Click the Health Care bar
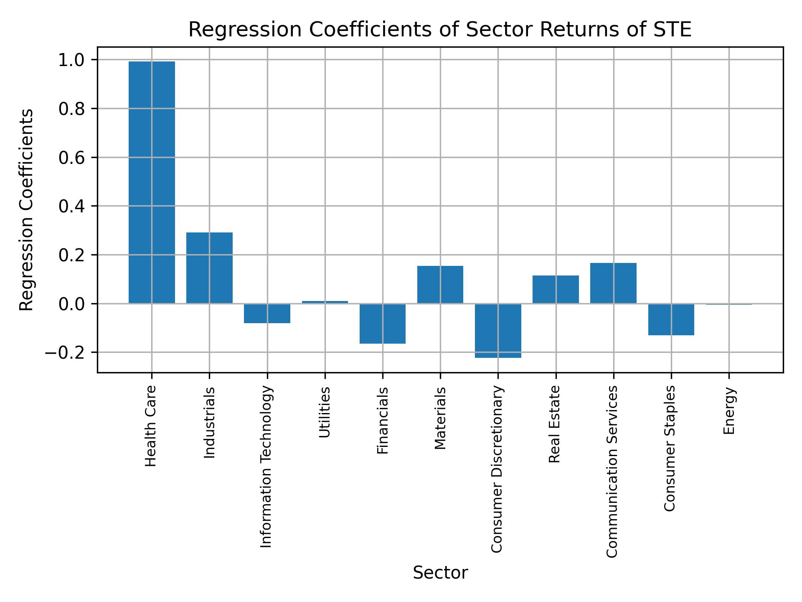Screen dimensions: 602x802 (x=152, y=182)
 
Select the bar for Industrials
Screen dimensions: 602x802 (x=209, y=268)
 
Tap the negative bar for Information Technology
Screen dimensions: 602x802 (x=267, y=313)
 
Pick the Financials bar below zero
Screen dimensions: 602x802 (x=382, y=323)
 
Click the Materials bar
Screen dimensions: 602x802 (x=440, y=284)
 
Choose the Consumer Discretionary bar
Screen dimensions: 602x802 (x=498, y=330)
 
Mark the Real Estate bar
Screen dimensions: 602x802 (x=556, y=289)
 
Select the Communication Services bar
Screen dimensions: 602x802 (x=613, y=283)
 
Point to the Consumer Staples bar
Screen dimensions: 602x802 (x=671, y=319)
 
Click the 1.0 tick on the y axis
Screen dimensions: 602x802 (x=72, y=60)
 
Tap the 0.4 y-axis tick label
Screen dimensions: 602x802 (x=72, y=207)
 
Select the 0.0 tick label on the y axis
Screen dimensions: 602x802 (x=72, y=304)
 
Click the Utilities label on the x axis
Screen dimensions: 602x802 (x=325, y=412)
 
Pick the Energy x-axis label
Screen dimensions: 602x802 (x=729, y=411)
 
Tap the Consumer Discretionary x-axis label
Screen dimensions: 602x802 (x=497, y=469)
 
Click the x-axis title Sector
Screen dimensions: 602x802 (x=440, y=573)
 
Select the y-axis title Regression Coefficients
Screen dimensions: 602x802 (x=27, y=210)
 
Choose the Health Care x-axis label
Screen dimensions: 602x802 (x=150, y=426)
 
